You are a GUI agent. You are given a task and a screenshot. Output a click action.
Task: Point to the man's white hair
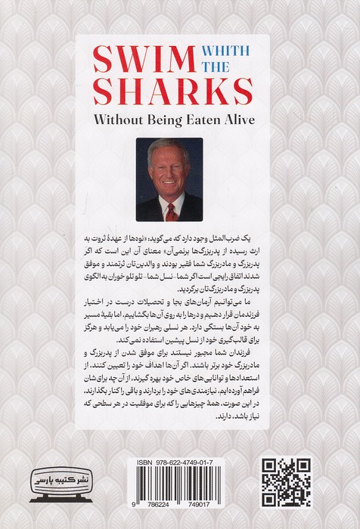pos(169,149)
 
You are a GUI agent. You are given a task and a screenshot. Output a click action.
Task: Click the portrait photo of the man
pos(170,179)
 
